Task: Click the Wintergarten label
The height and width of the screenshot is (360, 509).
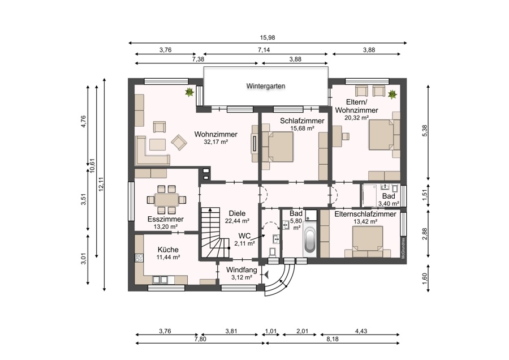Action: [266, 86]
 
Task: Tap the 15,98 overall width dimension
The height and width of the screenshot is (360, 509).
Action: [268, 37]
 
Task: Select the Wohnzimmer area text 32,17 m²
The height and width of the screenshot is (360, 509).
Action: [216, 142]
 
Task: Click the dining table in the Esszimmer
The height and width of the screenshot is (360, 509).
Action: [166, 199]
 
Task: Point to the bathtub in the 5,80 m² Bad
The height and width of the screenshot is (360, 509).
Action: [310, 241]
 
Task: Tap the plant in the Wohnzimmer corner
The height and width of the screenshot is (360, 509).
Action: [189, 92]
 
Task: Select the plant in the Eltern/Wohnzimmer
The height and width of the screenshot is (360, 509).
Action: [392, 95]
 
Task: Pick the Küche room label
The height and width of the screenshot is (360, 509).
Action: [168, 250]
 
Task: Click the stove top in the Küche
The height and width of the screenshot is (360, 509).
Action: [139, 258]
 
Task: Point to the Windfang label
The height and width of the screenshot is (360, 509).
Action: [241, 270]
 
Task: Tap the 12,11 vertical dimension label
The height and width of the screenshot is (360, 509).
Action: [101, 184]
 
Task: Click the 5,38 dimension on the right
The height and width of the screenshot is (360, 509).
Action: [425, 131]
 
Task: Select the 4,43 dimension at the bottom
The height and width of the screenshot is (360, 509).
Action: [361, 331]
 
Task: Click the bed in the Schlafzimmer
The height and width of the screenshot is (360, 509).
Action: [278, 147]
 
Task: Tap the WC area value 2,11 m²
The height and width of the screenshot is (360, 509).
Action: [244, 243]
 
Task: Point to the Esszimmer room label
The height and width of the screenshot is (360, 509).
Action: [166, 219]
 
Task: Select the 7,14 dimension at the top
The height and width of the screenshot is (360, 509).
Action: [264, 50]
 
